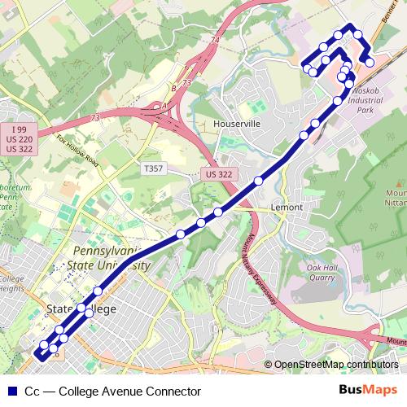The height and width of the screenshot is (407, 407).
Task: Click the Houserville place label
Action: (x=236, y=123)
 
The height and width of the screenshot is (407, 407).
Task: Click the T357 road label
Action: (x=152, y=168)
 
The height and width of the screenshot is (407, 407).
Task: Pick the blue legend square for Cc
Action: (x=13, y=391)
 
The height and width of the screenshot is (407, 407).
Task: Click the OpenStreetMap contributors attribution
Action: (x=335, y=365)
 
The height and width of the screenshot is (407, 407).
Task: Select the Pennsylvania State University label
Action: (x=112, y=258)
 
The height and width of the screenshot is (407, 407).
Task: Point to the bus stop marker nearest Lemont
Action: (x=258, y=181)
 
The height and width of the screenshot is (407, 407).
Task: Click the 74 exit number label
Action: (x=215, y=39)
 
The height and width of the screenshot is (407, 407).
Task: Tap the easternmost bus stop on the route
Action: (x=370, y=62)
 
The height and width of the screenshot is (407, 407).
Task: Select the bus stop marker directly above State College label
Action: (x=81, y=307)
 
